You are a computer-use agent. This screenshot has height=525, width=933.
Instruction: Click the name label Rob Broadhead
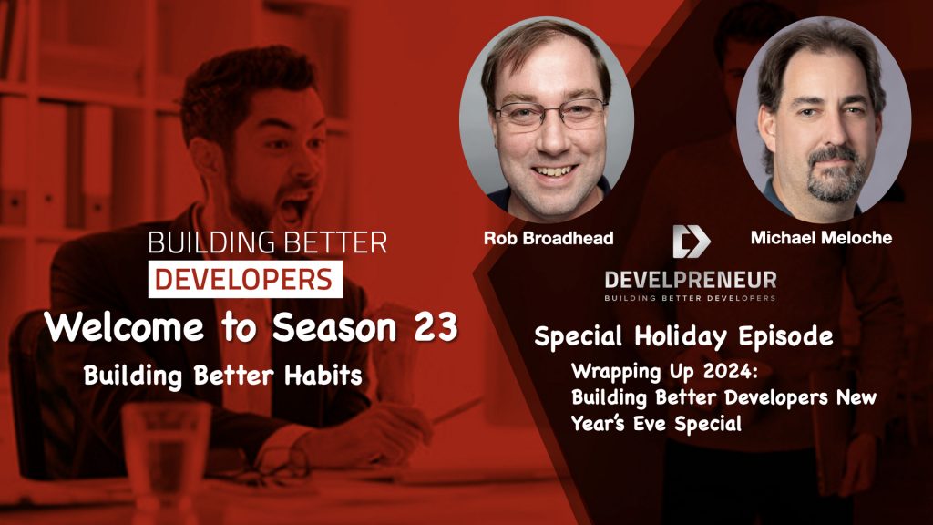(x=549, y=238)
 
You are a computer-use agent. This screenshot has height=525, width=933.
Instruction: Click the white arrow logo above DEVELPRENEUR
(x=690, y=241)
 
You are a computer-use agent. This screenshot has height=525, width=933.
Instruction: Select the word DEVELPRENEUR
(x=691, y=278)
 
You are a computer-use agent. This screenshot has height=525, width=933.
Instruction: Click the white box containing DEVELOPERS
(x=245, y=279)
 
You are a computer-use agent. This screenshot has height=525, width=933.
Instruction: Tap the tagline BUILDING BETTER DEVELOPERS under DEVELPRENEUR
(x=691, y=297)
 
